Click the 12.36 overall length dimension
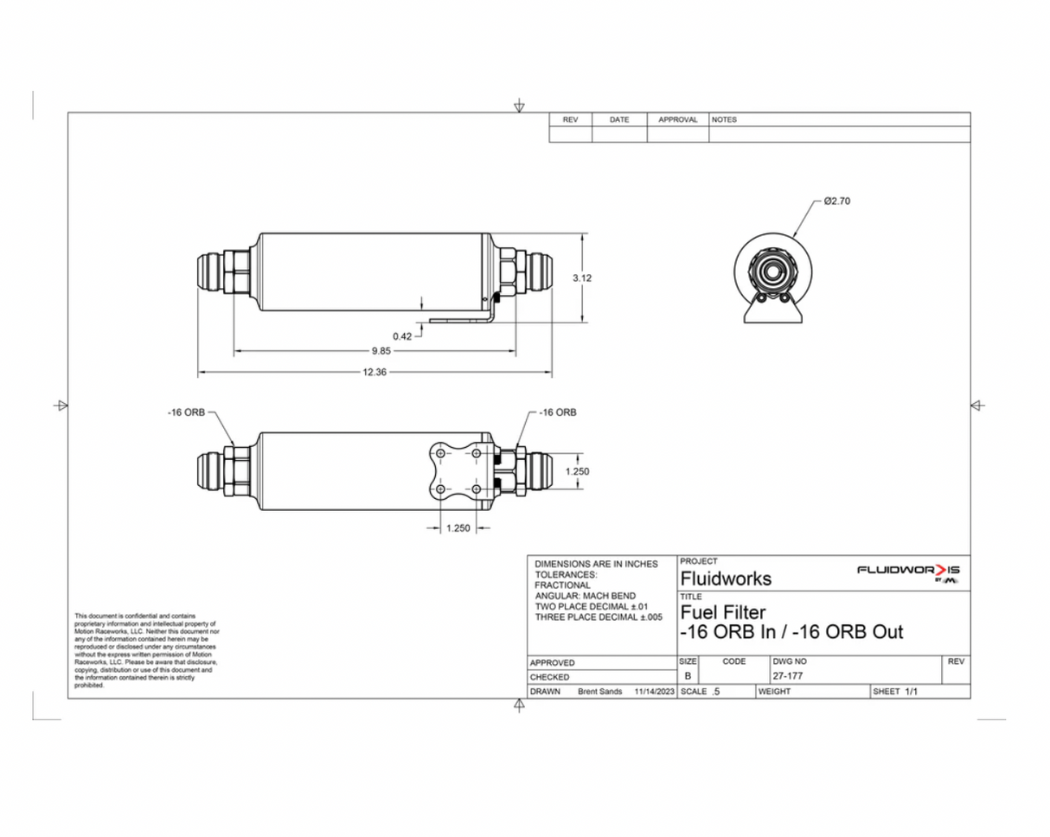[375, 373]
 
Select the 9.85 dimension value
[381, 351]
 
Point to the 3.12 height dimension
[582, 278]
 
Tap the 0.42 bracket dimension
[402, 335]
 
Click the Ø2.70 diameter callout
[837, 201]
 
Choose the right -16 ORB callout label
[557, 412]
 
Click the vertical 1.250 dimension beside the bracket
[578, 471]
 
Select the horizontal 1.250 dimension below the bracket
[458, 529]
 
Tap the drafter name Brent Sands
[599, 692]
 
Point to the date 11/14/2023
[654, 692]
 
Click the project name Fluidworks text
[726, 578]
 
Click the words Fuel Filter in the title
[724, 613]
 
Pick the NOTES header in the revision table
[724, 120]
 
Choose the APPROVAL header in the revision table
[677, 120]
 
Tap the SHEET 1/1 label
[895, 692]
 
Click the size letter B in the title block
[688, 676]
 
